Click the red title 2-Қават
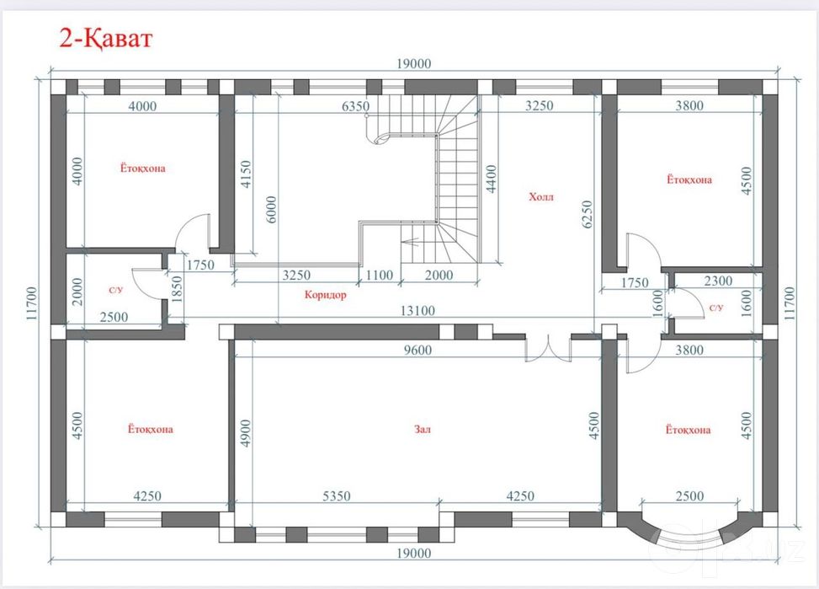pyautogui.click(x=105, y=38)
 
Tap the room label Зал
pyautogui.click(x=422, y=430)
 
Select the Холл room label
pyautogui.click(x=540, y=197)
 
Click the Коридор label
pyautogui.click(x=326, y=295)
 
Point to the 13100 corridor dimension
pyautogui.click(x=417, y=311)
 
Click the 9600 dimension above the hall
pyautogui.click(x=417, y=350)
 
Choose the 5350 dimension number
pyautogui.click(x=337, y=495)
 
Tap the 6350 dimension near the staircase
pyautogui.click(x=356, y=106)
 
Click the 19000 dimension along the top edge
pyautogui.click(x=413, y=64)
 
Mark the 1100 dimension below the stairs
pyautogui.click(x=380, y=276)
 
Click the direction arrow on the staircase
pyautogui.click(x=411, y=242)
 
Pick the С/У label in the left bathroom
pyautogui.click(x=116, y=290)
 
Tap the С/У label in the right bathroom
pyautogui.click(x=716, y=308)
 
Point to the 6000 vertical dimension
pyautogui.click(x=271, y=210)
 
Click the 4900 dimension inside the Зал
pyautogui.click(x=245, y=433)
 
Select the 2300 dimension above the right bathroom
pyautogui.click(x=718, y=281)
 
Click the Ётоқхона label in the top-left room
pyautogui.click(x=142, y=169)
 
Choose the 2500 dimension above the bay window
pyautogui.click(x=689, y=495)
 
